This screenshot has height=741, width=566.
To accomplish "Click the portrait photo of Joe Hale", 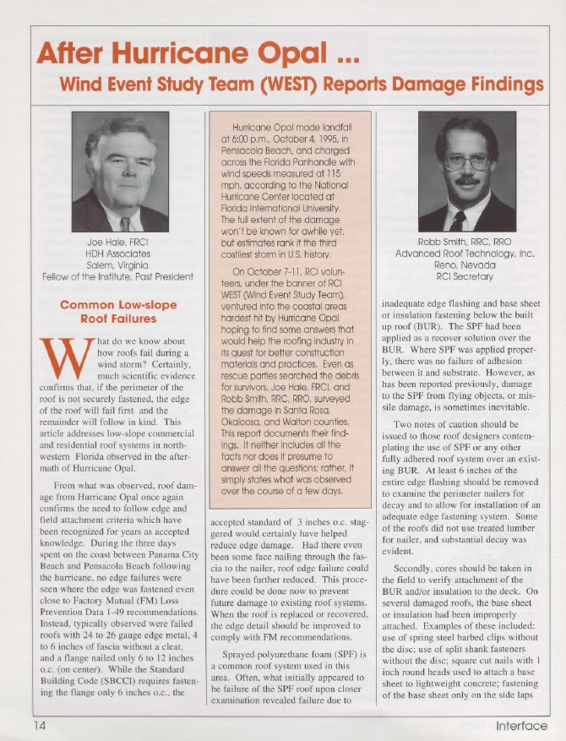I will click(120, 175).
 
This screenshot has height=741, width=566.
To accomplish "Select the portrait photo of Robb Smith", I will click(467, 175).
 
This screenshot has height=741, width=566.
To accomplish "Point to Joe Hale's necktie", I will click(125, 223).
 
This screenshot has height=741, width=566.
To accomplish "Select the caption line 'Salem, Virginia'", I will click(119, 264).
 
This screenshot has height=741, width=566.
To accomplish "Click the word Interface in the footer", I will click(521, 726).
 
